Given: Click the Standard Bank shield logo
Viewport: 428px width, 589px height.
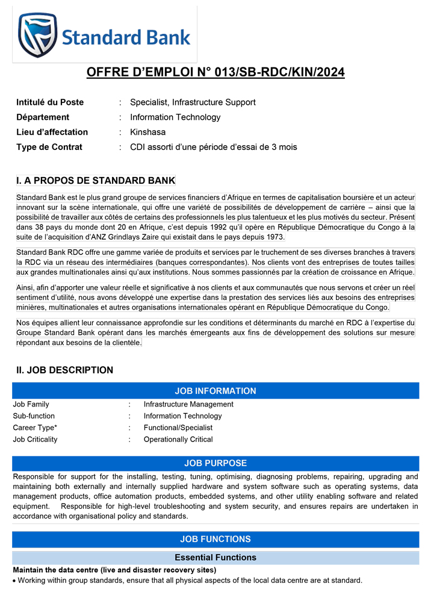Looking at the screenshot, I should pos(37,34).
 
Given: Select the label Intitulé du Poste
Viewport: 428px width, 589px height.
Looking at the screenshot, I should pos(50,102).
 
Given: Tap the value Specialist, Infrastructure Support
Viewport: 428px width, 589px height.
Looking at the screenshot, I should pos(193,102).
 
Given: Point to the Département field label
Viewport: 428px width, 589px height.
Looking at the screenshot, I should pos(43,117).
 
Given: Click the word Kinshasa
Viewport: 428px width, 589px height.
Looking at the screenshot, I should pos(147,132).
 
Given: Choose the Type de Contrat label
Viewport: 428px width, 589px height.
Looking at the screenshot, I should pos(49,147).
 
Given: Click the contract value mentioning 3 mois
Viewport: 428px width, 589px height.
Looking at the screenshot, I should pos(213,147).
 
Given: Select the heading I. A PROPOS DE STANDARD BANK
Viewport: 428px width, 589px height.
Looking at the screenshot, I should pos(96,180).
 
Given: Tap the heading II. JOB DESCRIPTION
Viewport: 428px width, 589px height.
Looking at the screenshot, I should pos(64,370).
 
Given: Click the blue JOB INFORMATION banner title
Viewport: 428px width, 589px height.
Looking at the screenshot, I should pos(216,391).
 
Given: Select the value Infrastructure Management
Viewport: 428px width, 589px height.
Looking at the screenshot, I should pos(188,404).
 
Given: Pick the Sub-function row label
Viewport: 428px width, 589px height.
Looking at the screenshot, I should pos(34,416).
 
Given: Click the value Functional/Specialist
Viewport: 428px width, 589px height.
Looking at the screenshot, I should pos(178,428).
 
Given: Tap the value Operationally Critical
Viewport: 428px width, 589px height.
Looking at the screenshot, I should pos(178,440).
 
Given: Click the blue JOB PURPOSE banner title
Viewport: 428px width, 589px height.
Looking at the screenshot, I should pos(216,463).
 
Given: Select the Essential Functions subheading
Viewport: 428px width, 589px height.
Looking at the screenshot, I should pos(216,558).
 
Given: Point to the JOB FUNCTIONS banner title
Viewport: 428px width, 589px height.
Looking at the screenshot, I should pos(216,539).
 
